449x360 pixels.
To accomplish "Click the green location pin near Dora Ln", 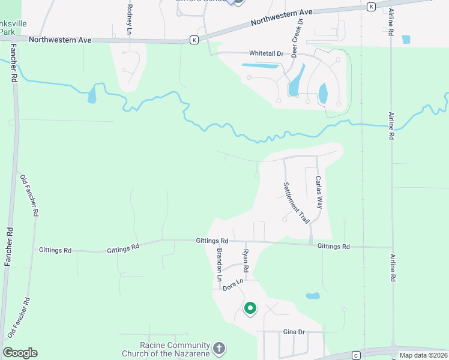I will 250,308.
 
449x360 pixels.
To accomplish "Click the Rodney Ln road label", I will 130,19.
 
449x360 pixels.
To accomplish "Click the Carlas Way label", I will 319,193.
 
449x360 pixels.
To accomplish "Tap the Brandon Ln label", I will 220,265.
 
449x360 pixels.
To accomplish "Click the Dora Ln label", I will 232,285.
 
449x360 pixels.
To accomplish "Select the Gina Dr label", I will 294,332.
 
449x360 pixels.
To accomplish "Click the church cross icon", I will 220,347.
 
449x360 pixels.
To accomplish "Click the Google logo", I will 20,353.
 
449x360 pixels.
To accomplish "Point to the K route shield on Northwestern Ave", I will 194,40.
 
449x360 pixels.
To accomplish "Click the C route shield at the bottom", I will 356,355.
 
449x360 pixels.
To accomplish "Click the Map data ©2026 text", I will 423,355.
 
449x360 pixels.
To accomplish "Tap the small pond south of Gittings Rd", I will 312,296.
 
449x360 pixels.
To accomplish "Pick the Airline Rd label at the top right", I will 390,24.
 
